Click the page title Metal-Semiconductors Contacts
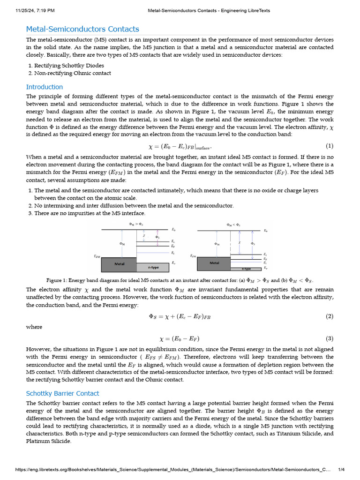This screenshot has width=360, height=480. tap(82, 29)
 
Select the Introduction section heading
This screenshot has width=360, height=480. tap(45, 87)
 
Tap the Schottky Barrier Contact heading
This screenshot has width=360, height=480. tap(62, 393)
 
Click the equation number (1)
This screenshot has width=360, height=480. tap(330, 146)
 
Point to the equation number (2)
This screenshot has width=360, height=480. tap(330, 316)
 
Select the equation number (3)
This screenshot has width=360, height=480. tap(330, 338)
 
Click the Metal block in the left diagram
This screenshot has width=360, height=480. tap(119, 264)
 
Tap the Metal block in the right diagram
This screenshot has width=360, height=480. tap(214, 263)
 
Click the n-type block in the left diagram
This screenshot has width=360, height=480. tap(150, 268)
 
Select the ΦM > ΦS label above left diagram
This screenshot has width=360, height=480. tap(136, 225)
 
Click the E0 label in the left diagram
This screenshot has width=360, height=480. tap(174, 230)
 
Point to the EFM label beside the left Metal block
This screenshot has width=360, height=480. tap(97, 256)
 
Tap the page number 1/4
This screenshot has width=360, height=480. tap(341, 470)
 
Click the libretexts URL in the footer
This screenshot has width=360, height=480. tap(173, 470)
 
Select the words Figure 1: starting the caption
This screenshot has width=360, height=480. tap(57, 280)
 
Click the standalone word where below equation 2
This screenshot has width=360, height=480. tap(34, 327)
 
